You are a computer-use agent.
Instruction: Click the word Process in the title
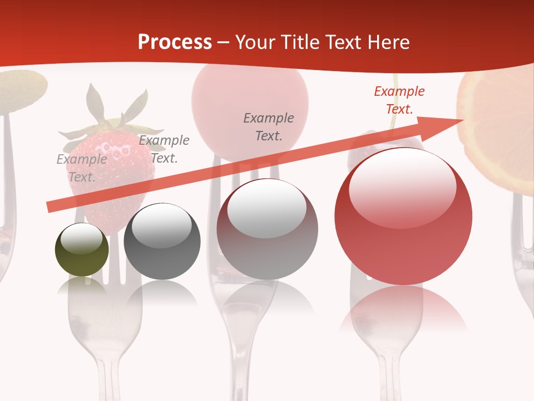[x=175, y=42]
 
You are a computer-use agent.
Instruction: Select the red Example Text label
[x=399, y=100]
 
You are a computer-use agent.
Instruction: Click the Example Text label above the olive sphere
[x=82, y=168]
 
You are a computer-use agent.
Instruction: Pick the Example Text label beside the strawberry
[x=164, y=149]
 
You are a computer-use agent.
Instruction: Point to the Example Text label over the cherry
[x=269, y=126]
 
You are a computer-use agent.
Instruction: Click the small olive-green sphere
[x=82, y=250]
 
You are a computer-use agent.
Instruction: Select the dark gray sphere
[x=162, y=241]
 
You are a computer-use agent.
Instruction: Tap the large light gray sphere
[x=267, y=229]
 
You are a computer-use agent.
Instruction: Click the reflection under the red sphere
[x=403, y=309]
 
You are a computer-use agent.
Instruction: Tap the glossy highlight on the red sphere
[x=402, y=187]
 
